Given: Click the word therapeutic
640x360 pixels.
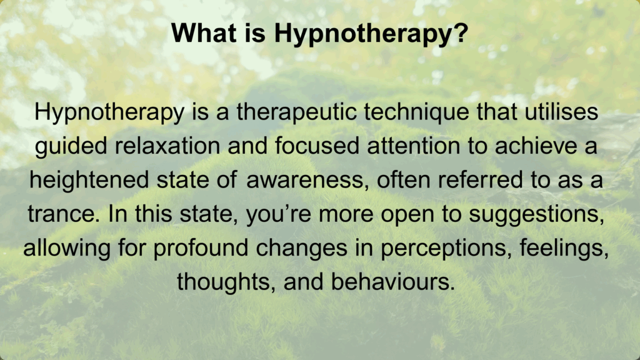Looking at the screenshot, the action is (297, 112).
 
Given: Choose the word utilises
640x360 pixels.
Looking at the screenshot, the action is (561, 111).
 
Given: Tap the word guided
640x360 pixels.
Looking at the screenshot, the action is (71, 146).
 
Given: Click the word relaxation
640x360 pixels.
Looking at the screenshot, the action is (167, 146).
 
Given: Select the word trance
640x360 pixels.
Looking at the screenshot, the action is (64, 214).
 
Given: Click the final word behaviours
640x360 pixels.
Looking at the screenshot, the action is (392, 282).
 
